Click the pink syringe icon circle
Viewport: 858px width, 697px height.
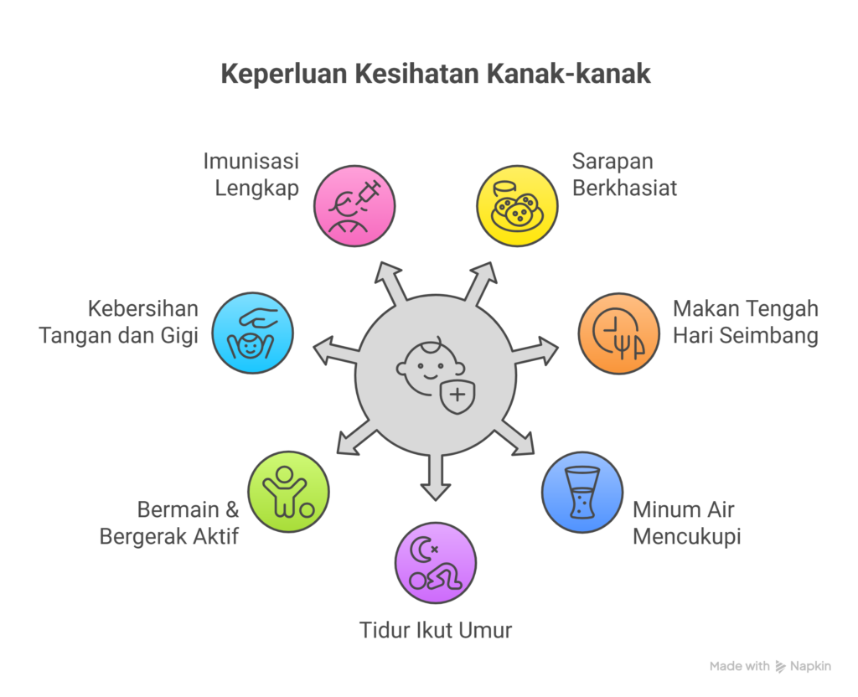(x=354, y=205)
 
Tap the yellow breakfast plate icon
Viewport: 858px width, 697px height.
(x=516, y=205)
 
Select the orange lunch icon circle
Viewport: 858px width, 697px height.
(x=619, y=333)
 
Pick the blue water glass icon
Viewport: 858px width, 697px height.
(x=581, y=493)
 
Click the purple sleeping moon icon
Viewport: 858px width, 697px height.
(x=435, y=563)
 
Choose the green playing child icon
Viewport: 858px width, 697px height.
(x=288, y=493)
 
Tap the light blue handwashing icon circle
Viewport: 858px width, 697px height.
(x=252, y=333)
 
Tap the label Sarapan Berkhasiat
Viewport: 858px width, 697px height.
(x=624, y=174)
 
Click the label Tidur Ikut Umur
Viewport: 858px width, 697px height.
(x=435, y=630)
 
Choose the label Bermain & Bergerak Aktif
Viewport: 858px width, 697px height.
(x=169, y=522)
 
